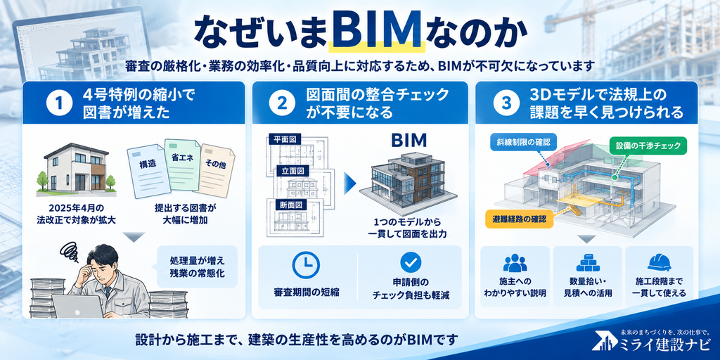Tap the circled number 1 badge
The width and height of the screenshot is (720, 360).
pos(59,103)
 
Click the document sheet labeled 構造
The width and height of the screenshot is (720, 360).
pos(146,170)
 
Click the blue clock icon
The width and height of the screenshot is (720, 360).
pos(306,264)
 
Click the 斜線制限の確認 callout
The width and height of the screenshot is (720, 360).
pos(520,142)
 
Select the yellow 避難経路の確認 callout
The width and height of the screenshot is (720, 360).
pos(518,219)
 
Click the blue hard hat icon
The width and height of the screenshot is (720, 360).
pos(660,262)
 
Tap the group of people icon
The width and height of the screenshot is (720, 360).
pos(515,262)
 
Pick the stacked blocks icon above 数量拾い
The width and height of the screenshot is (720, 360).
pos(587,262)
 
